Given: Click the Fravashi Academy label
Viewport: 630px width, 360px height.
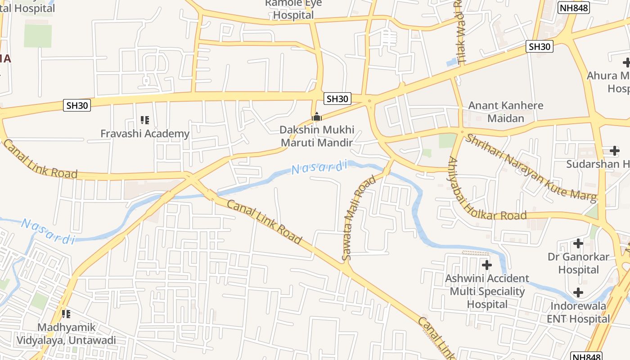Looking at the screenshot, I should (x=144, y=134).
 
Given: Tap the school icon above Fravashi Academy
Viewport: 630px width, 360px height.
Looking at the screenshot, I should (x=144, y=120).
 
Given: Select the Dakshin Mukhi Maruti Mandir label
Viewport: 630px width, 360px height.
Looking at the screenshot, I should (x=317, y=136).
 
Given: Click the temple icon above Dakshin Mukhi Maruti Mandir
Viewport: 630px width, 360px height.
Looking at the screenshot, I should (x=317, y=117).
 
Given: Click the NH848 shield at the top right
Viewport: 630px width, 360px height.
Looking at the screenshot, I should (x=573, y=8).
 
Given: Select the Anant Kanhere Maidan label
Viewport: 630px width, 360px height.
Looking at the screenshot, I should (x=506, y=112).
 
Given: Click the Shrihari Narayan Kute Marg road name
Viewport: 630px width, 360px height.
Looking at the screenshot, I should (x=531, y=167).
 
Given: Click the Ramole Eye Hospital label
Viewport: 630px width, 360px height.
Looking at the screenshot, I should (x=293, y=9).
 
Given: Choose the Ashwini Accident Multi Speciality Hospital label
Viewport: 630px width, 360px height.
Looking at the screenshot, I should (x=487, y=291).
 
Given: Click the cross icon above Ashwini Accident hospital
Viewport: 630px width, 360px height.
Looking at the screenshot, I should (x=486, y=265).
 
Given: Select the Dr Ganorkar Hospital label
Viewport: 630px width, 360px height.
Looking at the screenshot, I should (x=578, y=263).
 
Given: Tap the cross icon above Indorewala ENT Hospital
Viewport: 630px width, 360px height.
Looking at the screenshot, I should (x=578, y=293).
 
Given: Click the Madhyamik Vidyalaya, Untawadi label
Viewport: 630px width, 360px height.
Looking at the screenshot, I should (x=66, y=334).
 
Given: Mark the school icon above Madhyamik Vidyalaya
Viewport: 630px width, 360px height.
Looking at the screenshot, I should (x=66, y=314).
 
